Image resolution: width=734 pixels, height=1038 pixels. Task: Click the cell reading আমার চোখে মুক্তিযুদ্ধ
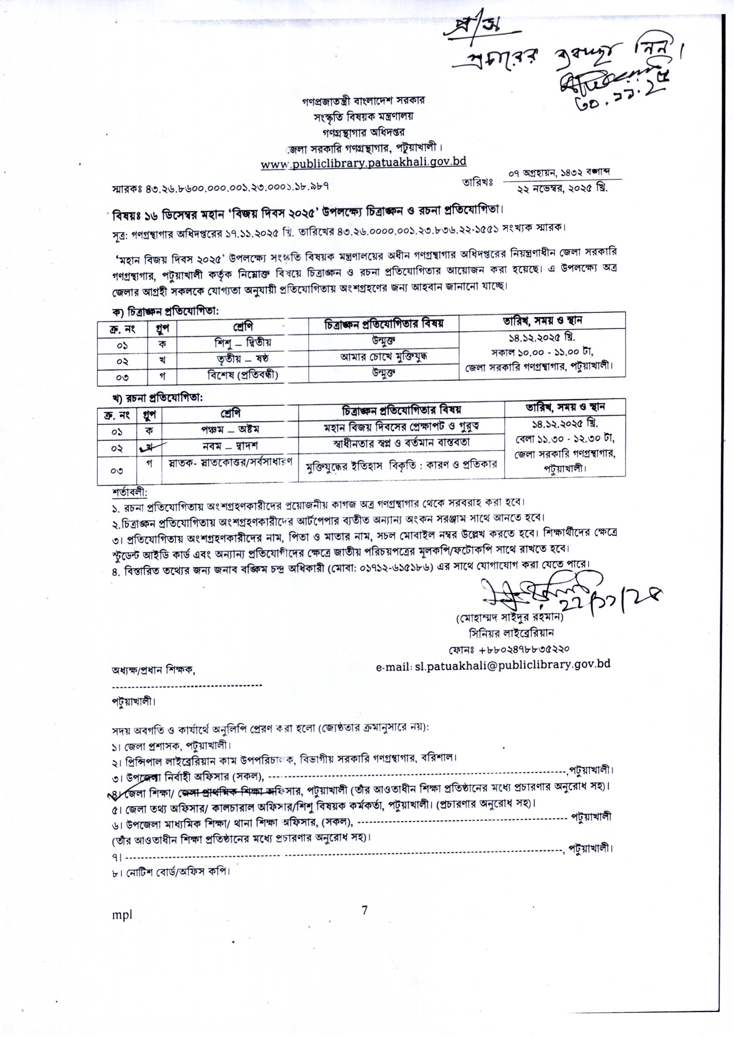tap(384, 357)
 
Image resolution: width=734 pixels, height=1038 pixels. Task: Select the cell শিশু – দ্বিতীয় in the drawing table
tap(243, 342)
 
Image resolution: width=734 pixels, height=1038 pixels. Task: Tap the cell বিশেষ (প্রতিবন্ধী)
tap(243, 375)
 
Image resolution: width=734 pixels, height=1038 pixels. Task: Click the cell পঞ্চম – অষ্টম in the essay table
tap(230, 429)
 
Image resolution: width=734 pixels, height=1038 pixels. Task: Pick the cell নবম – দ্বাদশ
tap(230, 446)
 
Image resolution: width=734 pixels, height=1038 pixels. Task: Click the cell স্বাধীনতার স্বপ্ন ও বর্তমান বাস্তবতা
tap(401, 442)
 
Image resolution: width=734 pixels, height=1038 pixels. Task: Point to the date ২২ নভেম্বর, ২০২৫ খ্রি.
tap(562, 189)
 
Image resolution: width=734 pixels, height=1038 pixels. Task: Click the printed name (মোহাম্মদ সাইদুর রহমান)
tap(510, 617)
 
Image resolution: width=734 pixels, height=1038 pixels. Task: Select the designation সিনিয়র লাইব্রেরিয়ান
tap(511, 633)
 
